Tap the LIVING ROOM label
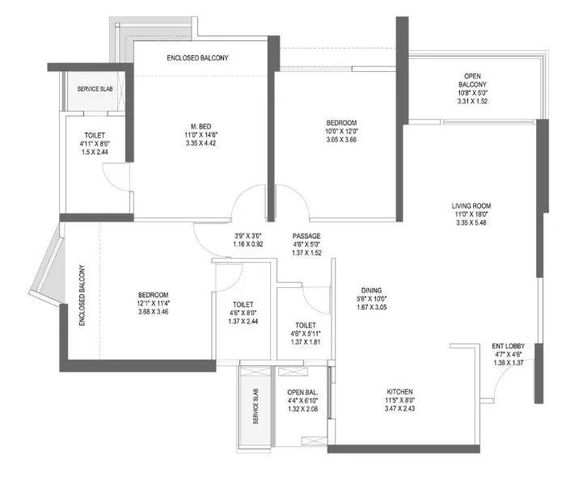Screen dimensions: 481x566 point(471,206)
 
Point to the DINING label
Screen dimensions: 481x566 point(372,290)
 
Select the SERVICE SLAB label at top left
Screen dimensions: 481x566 point(95,89)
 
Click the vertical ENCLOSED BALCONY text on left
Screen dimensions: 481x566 point(82,296)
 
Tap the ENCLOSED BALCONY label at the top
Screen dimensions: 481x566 point(198,58)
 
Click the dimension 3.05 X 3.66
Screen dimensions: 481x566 point(336,141)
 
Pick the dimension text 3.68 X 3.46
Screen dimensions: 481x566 point(153,311)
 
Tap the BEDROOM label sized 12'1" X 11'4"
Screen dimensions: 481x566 point(153,293)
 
